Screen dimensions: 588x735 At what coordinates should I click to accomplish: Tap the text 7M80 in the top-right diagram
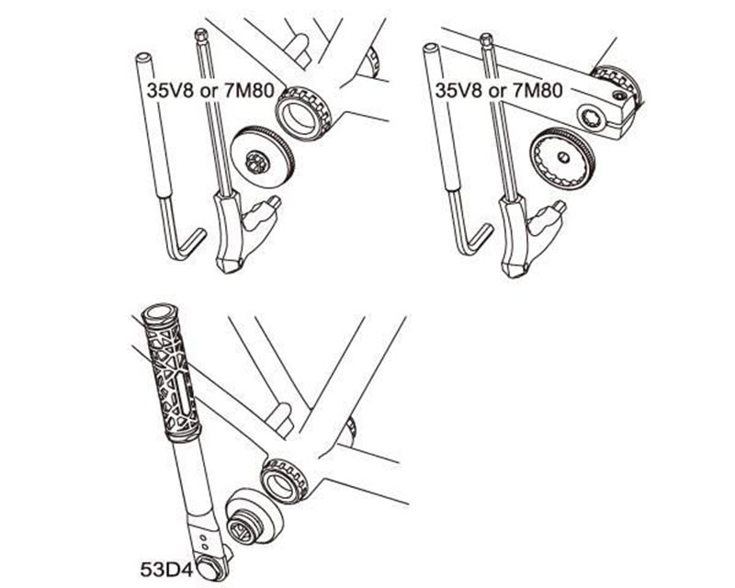pyautogui.click(x=537, y=92)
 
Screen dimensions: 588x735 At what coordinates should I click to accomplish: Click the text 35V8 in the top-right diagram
pyautogui.click(x=457, y=92)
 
